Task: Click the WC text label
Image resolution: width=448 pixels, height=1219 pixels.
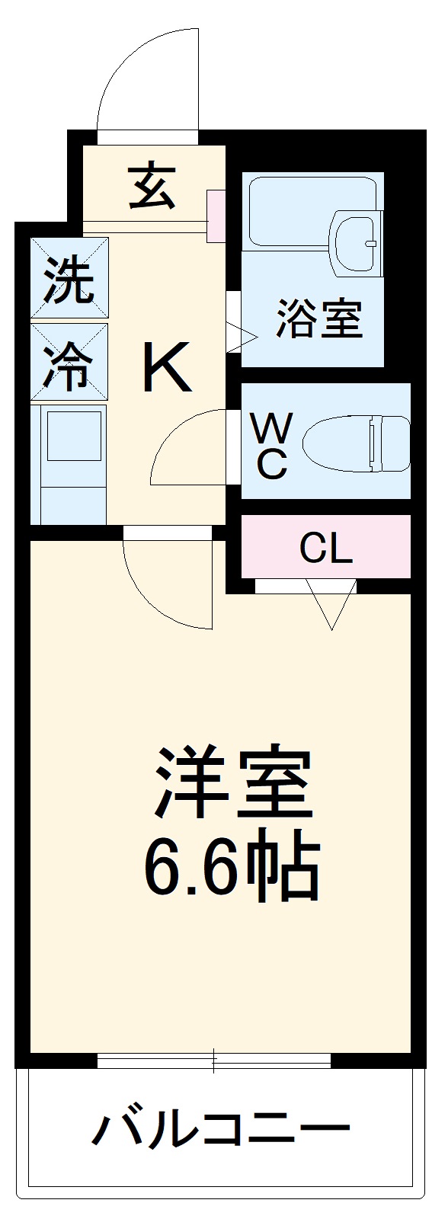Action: click(270, 449)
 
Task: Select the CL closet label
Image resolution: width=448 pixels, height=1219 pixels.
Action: click(326, 547)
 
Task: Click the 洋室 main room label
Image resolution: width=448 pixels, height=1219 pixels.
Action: click(234, 785)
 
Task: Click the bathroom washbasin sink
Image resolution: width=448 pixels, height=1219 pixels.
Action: click(354, 242)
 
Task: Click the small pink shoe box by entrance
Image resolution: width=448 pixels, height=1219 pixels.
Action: click(216, 216)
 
